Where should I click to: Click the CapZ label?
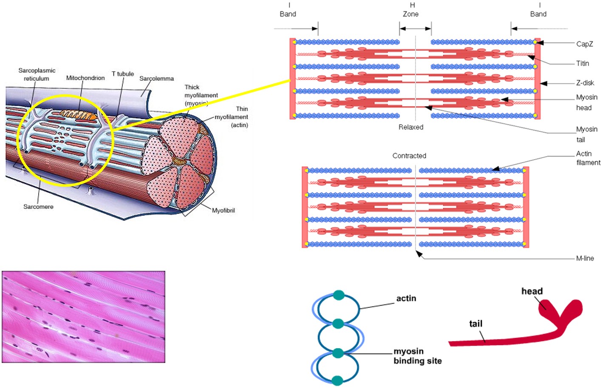[x=584, y=44]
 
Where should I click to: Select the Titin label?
[x=583, y=64]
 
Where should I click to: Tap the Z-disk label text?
[x=585, y=83]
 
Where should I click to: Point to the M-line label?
[x=585, y=259]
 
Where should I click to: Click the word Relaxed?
[x=410, y=127]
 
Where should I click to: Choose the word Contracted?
[x=409, y=156]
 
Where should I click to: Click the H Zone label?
[x=411, y=10]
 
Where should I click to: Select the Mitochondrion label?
[x=85, y=78]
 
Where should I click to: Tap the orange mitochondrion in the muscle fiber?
[x=78, y=114]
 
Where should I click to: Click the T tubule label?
[x=122, y=74]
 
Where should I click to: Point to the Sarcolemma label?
[x=156, y=79]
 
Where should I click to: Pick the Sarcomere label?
[x=38, y=207]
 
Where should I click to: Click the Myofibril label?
[x=223, y=211]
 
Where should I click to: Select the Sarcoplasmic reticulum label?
[x=37, y=75]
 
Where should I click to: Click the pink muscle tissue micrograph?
[x=83, y=317]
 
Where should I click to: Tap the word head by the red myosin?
[x=532, y=291]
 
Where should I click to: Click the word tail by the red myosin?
[x=475, y=324]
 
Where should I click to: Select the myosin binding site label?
[x=417, y=356]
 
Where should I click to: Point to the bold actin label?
[x=406, y=298]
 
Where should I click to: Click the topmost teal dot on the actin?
[x=338, y=295]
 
